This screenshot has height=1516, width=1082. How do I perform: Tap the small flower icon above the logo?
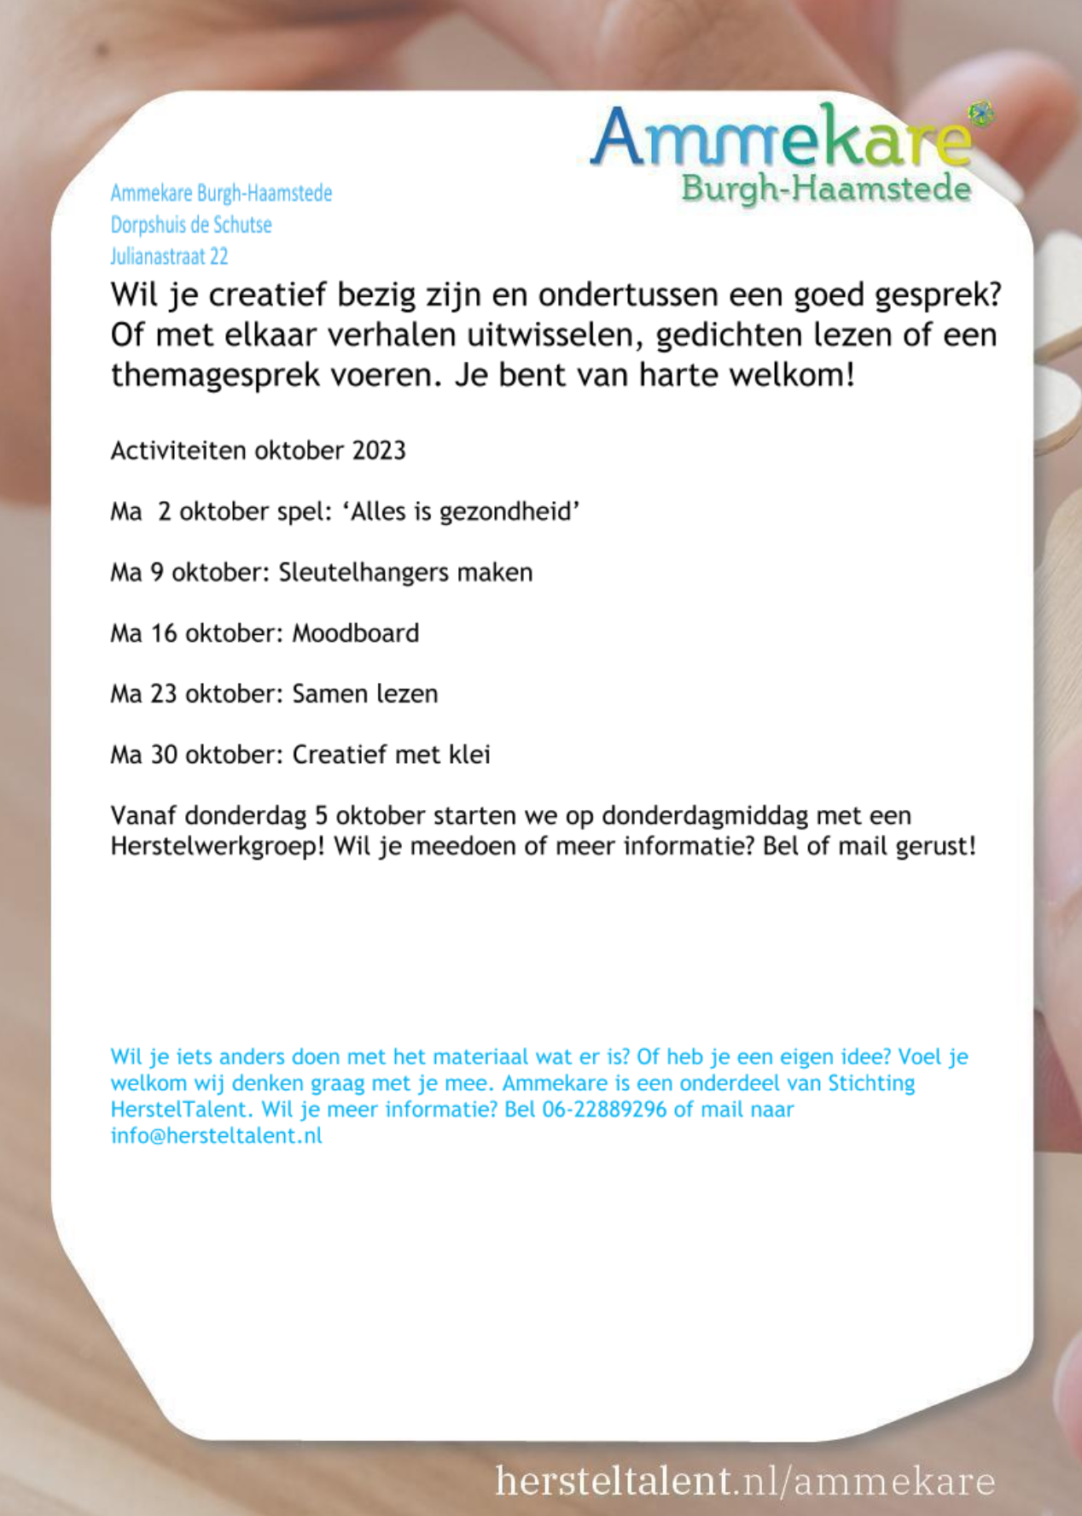[x=981, y=111]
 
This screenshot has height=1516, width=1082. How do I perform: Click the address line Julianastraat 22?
[x=169, y=256]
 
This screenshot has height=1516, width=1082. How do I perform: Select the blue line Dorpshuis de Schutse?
[x=191, y=224]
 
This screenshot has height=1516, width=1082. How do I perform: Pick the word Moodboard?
[x=355, y=633]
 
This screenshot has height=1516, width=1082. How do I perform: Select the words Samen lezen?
[x=364, y=694]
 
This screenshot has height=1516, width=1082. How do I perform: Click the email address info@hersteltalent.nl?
[x=217, y=1136]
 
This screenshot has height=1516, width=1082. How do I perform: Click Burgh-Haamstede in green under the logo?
[x=825, y=189]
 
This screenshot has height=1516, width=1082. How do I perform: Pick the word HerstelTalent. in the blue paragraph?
[x=182, y=1110]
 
